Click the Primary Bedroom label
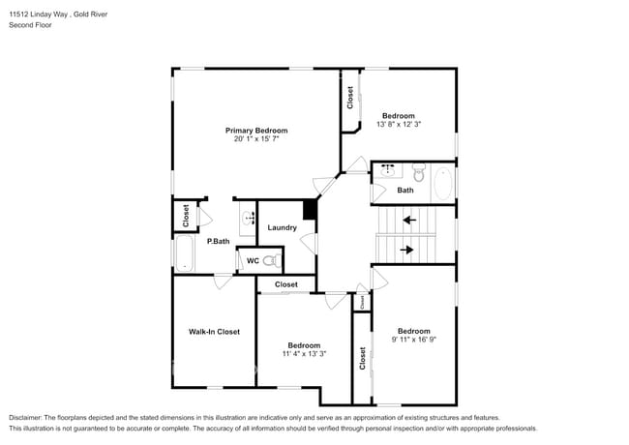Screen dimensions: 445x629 256,131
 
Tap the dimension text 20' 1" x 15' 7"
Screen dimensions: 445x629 256,139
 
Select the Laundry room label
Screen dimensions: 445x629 282,228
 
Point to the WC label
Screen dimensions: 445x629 252,260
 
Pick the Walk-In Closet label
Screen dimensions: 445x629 214,332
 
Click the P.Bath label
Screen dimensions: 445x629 217,241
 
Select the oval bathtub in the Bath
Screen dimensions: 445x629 441,184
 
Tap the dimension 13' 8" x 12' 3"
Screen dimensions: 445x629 398,125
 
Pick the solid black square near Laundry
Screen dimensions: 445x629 310,209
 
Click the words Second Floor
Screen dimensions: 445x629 31,25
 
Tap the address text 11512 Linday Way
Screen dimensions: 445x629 40,14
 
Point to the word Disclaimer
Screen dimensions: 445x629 28,417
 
